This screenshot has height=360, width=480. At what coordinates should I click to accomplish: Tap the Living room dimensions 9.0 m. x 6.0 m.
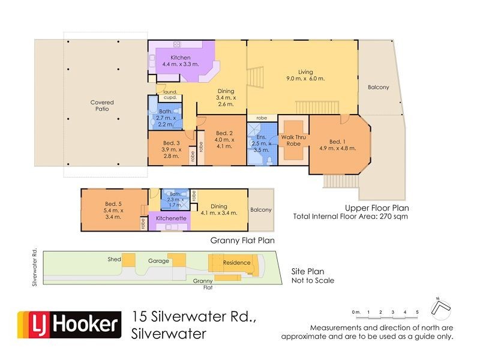pyautogui.click(x=305, y=79)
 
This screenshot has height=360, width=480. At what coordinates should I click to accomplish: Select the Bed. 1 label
pyautogui.click(x=338, y=142)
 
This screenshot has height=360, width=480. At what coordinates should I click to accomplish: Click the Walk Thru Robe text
pyautogui.click(x=294, y=140)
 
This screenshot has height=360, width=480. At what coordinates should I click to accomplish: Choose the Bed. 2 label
pyautogui.click(x=223, y=133)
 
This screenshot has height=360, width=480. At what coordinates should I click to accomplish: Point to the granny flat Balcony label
pyautogui.click(x=260, y=210)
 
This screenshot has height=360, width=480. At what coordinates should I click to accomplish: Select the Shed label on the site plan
pyautogui.click(x=114, y=259)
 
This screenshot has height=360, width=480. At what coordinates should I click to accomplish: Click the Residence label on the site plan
pyautogui.click(x=236, y=263)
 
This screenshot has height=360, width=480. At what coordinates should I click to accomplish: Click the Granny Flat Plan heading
pyautogui.click(x=242, y=241)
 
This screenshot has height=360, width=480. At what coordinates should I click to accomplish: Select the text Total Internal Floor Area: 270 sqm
pyautogui.click(x=350, y=216)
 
